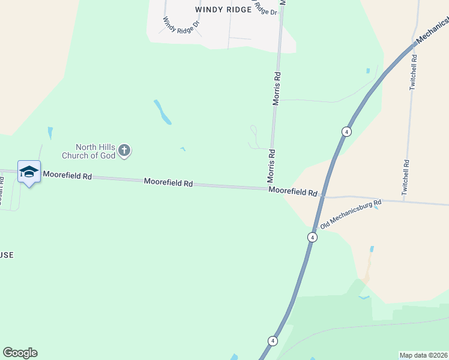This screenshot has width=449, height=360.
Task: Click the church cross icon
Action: coord(124,150)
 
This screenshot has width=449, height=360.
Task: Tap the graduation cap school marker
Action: coord(29,172)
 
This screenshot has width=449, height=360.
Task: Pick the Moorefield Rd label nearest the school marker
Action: coord(67,176)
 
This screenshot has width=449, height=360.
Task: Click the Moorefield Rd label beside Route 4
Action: coord(292,191)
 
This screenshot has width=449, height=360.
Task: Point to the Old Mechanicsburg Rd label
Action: coord(351,214)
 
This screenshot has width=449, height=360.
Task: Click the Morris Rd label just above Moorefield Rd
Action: coord(271,166)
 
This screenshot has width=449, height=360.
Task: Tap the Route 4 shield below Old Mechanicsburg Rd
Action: coord(312,238)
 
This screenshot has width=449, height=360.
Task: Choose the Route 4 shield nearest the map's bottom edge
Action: coord(273,341)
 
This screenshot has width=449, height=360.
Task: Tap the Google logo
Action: coord(20,352)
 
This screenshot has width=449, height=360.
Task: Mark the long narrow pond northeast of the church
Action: coord(162,112)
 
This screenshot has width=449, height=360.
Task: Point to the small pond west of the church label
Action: coord(50,132)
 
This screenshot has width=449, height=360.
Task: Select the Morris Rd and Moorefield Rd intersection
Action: coord(273,189)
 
